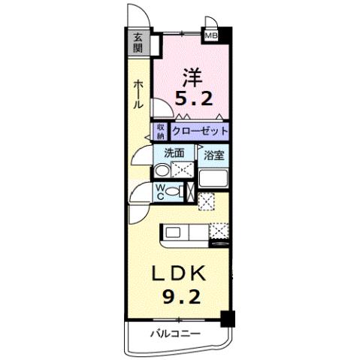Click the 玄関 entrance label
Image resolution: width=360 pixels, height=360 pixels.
pos(138,42)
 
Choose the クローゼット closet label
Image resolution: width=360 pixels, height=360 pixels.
pos(199,131)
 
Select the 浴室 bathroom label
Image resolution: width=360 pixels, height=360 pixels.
pos(213,156)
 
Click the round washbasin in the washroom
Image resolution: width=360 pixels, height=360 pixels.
pos(161,171)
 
